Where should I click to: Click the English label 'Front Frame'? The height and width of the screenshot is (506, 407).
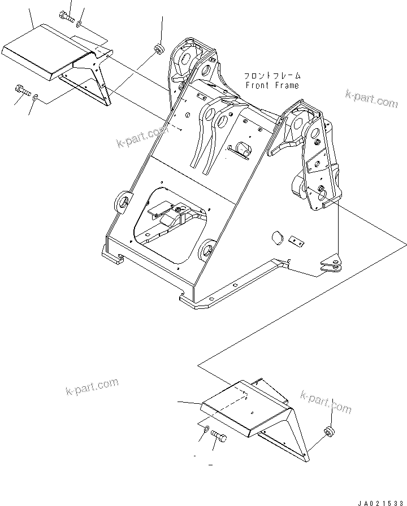pyautogui.click(x=272, y=85)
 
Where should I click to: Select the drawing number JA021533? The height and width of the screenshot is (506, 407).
pyautogui.click(x=380, y=501)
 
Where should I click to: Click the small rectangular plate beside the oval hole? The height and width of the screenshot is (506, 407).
pyautogui.click(x=297, y=241)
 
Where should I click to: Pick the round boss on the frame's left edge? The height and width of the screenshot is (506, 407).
pyautogui.click(x=123, y=203)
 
